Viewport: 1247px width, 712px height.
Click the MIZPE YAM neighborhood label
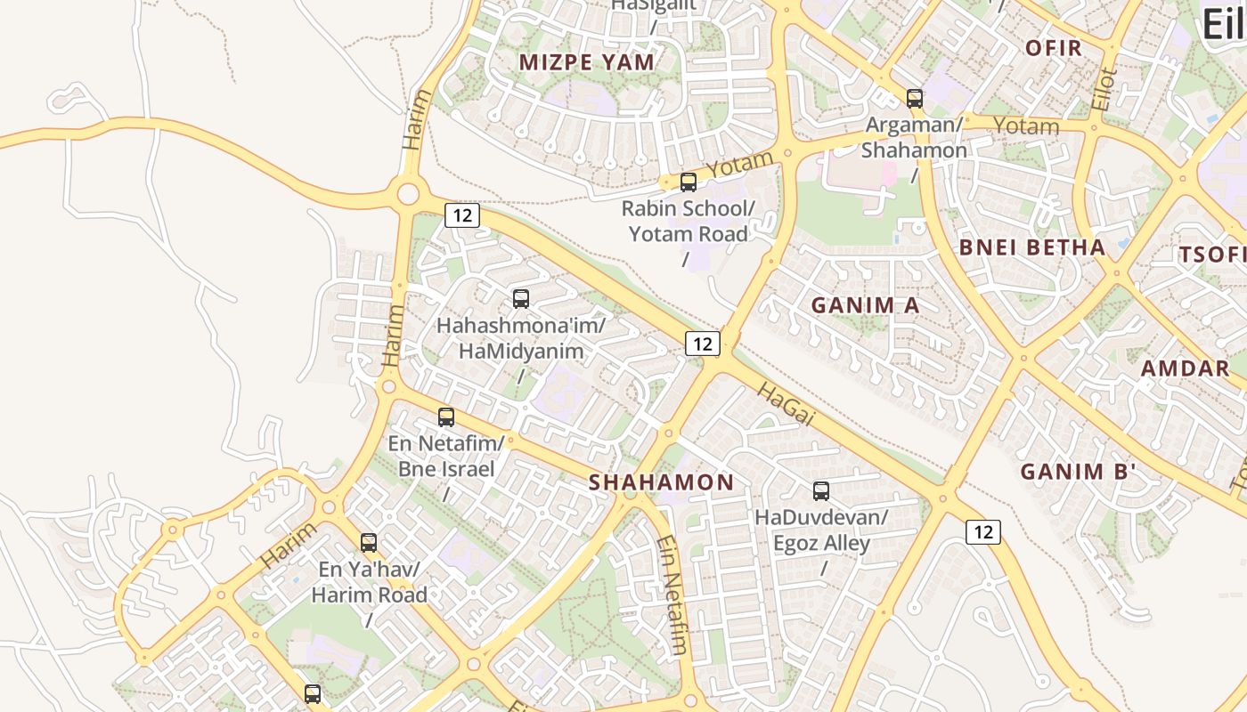[587, 61]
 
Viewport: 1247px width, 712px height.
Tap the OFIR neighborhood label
[1053, 47]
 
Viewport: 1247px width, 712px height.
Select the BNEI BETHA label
[1032, 247]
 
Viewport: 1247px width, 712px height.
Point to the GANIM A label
[865, 305]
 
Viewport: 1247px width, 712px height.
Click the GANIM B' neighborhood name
[1078, 472]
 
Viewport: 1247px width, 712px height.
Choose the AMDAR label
[1185, 368]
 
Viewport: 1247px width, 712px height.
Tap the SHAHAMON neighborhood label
[662, 482]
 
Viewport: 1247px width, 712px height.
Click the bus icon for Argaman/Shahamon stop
[914, 99]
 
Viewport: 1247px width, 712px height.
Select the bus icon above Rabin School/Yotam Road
[688, 182]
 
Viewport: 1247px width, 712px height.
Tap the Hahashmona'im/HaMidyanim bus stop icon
[521, 299]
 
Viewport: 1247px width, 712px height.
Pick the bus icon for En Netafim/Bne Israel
[446, 417]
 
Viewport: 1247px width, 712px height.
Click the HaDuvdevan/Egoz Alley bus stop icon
[820, 490]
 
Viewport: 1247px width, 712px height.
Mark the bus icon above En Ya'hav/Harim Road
[368, 542]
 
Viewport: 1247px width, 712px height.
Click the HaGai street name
[787, 403]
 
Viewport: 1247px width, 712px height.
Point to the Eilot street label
[1104, 89]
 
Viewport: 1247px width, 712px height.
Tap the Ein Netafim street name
[672, 595]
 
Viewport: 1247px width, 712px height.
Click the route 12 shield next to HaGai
[702, 344]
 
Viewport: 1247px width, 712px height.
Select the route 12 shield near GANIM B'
[982, 532]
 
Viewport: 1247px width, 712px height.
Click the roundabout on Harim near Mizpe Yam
[408, 192]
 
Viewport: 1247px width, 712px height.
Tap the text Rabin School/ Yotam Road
[688, 222]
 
